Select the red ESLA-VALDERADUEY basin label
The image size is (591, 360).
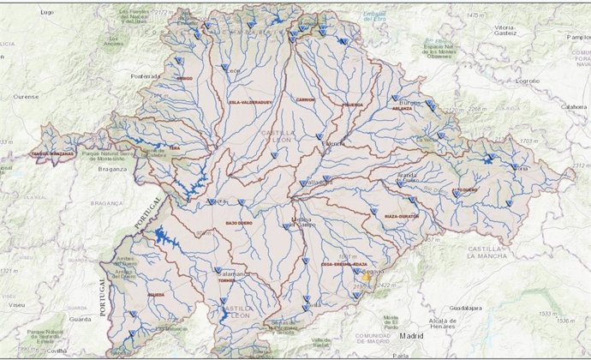pyautogui.click(x=249, y=102)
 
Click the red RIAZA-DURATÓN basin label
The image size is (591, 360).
pyautogui.click(x=401, y=217)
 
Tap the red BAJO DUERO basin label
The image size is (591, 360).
pyautogui.click(x=242, y=223)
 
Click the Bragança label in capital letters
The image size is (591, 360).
pyautogui.click(x=108, y=203)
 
